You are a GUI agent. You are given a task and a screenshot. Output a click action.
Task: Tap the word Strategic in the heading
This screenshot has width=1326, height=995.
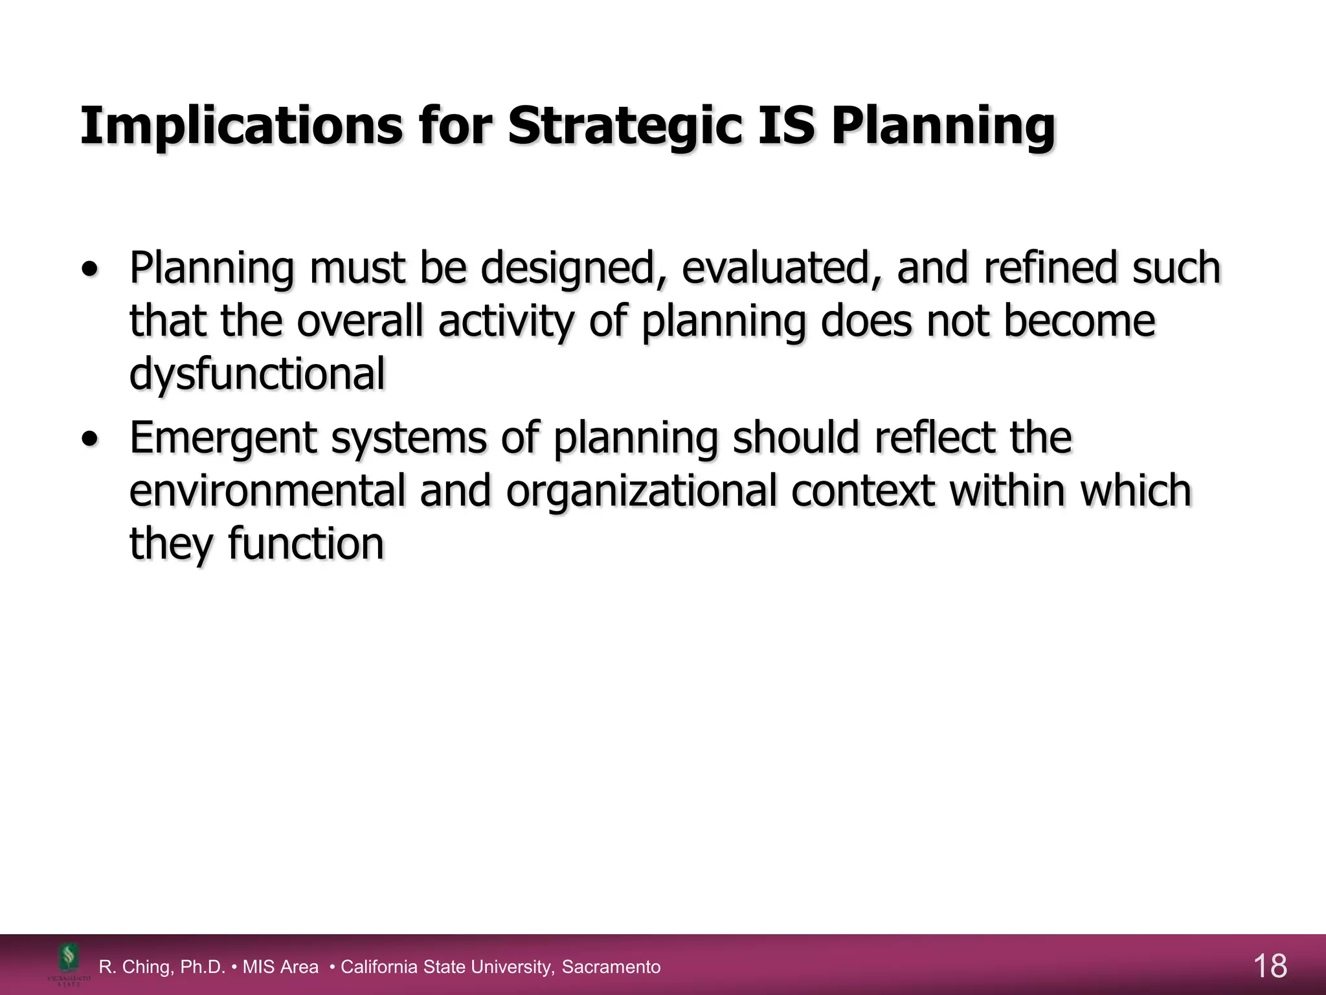click(x=625, y=126)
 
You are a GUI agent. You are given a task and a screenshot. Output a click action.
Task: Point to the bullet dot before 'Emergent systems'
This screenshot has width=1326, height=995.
click(x=91, y=439)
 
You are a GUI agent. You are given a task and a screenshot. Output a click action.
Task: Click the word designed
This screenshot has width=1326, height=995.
click(x=567, y=269)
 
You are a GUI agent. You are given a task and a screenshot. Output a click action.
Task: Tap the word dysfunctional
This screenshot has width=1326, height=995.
click(x=257, y=374)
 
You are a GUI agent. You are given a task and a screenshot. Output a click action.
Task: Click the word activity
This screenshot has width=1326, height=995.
click(x=506, y=322)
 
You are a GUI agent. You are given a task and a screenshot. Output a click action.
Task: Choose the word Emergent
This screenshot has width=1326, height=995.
click(x=223, y=439)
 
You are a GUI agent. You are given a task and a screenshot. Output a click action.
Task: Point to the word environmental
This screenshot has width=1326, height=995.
click(x=267, y=490)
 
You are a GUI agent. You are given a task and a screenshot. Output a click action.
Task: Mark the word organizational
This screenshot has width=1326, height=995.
click(x=641, y=492)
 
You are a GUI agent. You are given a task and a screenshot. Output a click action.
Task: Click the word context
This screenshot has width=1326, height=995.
click(x=862, y=490)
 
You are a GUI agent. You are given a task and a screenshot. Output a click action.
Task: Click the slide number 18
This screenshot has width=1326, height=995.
click(x=1270, y=966)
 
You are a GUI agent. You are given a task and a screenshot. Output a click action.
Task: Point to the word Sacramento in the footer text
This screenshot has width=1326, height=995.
click(x=611, y=967)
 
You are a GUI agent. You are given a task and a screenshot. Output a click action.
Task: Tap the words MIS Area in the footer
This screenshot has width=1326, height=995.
click(x=280, y=967)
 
